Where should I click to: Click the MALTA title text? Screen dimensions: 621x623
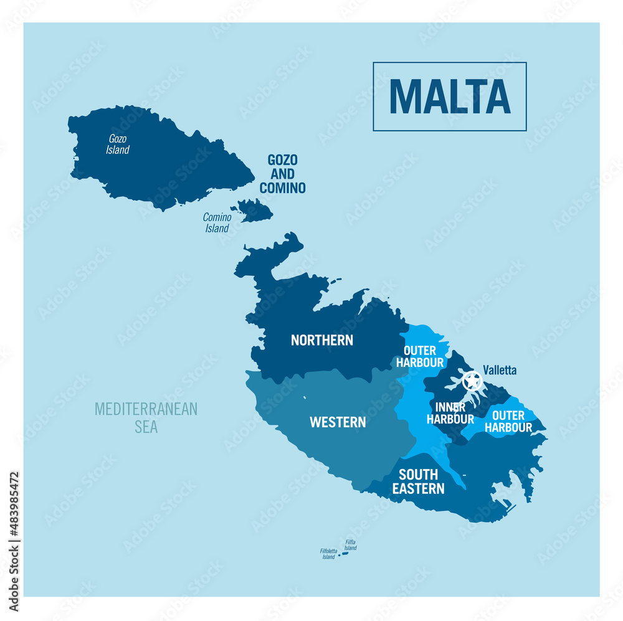[x=450, y=97]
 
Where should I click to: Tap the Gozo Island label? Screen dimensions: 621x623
[x=118, y=145]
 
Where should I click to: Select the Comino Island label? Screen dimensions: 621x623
[x=217, y=222]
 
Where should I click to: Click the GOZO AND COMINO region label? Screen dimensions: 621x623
[x=283, y=174]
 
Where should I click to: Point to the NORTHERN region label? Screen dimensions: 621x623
[x=322, y=340]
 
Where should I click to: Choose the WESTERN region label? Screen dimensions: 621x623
[x=338, y=422]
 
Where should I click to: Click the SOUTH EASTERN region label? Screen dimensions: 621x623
[x=419, y=482]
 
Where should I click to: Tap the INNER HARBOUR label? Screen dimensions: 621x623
[x=450, y=413]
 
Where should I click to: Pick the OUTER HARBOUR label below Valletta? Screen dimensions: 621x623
[x=508, y=421]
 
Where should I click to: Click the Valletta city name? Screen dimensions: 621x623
[x=500, y=371]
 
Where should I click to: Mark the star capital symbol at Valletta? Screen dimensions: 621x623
[x=472, y=380]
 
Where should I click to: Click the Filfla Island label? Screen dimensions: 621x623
[x=351, y=545]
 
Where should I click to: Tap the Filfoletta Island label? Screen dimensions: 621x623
[x=328, y=553]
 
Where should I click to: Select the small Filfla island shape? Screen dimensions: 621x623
[x=345, y=552]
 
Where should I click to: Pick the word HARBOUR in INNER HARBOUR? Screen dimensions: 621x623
[x=450, y=419]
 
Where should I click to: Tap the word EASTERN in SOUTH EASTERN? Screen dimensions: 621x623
[x=419, y=489]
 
